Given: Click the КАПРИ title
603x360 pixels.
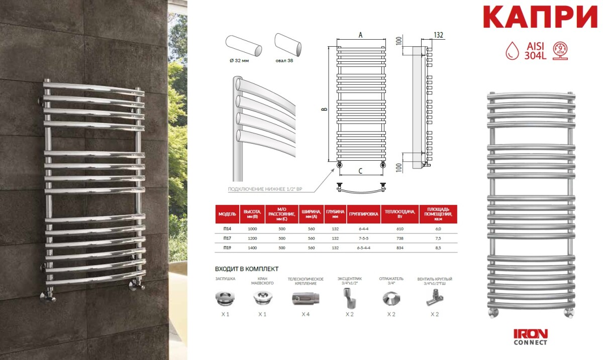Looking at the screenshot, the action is click(540, 17).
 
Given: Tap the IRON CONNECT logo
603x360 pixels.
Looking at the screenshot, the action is click(531, 337).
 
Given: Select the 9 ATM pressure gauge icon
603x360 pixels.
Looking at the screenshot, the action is click(560, 50).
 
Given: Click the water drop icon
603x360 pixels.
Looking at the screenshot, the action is click(512, 51).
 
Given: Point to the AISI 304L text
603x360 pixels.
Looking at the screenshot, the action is click(535, 51).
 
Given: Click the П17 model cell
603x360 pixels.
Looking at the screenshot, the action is click(227, 238).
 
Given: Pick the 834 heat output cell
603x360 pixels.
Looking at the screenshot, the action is click(400, 248).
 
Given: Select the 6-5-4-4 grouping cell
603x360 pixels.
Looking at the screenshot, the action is click(363, 248).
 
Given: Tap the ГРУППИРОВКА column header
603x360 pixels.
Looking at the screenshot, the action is click(363, 214).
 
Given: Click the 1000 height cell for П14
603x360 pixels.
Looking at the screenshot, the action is click(252, 229).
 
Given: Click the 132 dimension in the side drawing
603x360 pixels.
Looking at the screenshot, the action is click(438, 35).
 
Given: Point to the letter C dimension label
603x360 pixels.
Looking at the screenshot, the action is click(360, 171).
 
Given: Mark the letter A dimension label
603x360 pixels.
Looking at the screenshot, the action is click(360, 35).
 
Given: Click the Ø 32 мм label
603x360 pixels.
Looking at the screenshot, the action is click(239, 61).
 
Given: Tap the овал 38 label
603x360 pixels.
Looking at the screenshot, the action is click(284, 61).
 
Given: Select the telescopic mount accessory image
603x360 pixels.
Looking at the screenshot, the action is click(306, 299).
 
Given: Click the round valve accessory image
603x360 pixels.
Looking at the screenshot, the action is click(435, 298).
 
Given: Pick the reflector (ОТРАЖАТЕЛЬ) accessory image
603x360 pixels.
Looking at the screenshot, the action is click(391, 298).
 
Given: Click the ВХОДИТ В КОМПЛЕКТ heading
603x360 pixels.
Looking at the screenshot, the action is click(247, 269).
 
